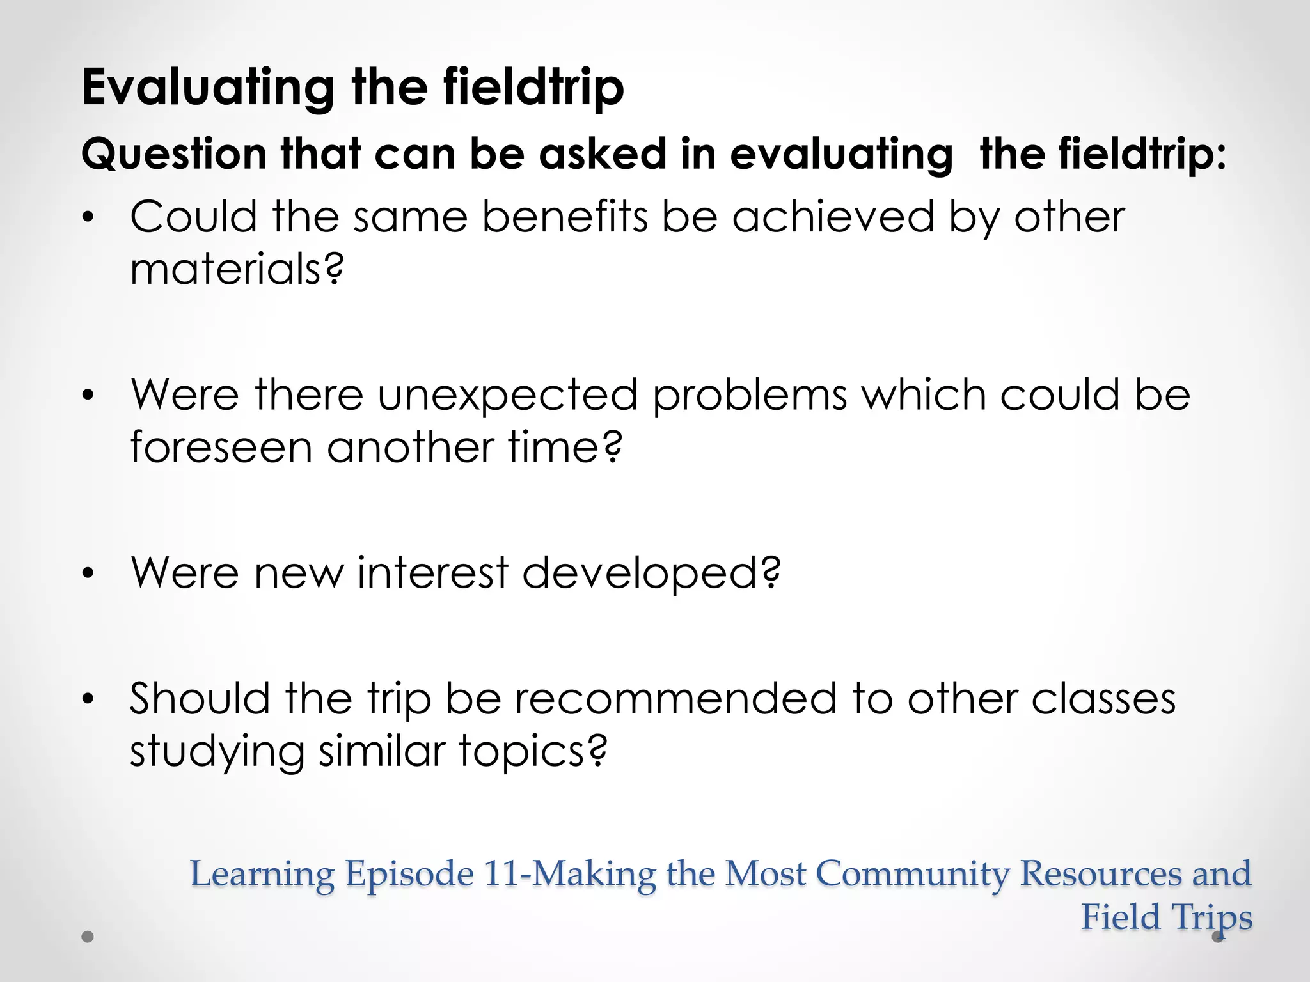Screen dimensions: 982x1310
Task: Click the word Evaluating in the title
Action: (208, 88)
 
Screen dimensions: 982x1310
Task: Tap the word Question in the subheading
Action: (173, 155)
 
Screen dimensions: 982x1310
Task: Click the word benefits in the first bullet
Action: (565, 217)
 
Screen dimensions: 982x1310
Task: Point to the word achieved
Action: (833, 217)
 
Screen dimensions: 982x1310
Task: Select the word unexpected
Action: (507, 394)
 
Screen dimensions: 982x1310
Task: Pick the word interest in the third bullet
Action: (432, 572)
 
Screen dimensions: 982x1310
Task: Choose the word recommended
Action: (675, 698)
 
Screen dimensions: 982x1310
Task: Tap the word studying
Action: (217, 752)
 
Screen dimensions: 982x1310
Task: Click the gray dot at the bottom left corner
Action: (88, 937)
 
